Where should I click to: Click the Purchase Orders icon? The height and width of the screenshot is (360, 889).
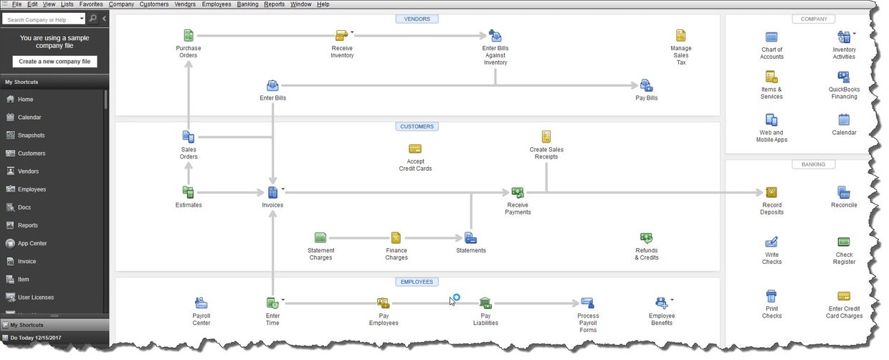pyautogui.click(x=189, y=35)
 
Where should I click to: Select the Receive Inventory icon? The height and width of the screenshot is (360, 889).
pyautogui.click(x=341, y=35)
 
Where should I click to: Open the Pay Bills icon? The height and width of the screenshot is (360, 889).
pyautogui.click(x=646, y=85)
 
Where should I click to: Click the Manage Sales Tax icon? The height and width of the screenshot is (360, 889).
pyautogui.click(x=680, y=35)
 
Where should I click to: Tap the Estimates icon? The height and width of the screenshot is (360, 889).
pyautogui.click(x=189, y=192)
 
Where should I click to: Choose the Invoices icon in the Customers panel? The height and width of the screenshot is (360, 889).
pyautogui.click(x=272, y=192)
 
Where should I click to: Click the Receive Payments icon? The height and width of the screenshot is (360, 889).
pyautogui.click(x=518, y=192)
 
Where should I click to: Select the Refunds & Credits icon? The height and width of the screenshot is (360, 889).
pyautogui.click(x=646, y=238)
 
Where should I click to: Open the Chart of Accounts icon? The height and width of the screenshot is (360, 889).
pyautogui.click(x=771, y=37)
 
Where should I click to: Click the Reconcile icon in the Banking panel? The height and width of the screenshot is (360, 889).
pyautogui.click(x=844, y=192)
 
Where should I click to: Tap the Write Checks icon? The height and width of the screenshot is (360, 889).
pyautogui.click(x=771, y=242)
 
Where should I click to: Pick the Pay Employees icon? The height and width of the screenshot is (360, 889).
pyautogui.click(x=383, y=303)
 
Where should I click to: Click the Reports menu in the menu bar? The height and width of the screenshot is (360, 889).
pyautogui.click(x=275, y=4)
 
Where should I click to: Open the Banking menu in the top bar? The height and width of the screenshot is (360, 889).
pyautogui.click(x=247, y=4)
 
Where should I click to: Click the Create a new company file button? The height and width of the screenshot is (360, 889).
pyautogui.click(x=54, y=62)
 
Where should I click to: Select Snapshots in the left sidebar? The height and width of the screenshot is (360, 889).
pyautogui.click(x=31, y=136)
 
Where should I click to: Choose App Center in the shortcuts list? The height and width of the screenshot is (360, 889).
pyautogui.click(x=32, y=243)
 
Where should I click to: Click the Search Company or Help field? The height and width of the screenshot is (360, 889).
pyautogui.click(x=41, y=19)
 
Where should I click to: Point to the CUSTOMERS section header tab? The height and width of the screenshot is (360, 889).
pyautogui.click(x=417, y=127)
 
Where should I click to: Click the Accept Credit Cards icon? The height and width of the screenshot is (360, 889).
pyautogui.click(x=415, y=149)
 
